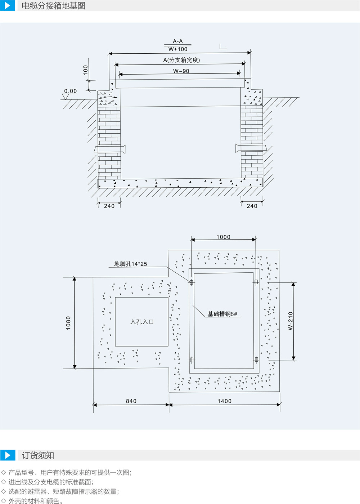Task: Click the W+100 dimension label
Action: (178, 49)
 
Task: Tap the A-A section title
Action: (178, 41)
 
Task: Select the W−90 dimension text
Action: (181, 71)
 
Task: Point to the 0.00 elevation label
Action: (71, 91)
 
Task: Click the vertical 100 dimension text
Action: (85, 70)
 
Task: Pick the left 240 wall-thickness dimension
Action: (109, 206)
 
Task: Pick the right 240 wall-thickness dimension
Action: (252, 206)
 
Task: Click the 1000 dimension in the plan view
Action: (223, 237)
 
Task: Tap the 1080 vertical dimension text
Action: (68, 323)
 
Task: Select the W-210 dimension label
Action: (291, 321)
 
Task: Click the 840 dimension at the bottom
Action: (131, 401)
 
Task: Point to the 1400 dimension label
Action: (224, 401)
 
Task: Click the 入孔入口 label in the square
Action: (142, 322)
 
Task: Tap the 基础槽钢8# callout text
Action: (222, 314)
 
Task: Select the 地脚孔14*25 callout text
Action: (130, 264)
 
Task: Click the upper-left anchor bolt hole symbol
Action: (191, 282)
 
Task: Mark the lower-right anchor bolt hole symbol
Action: (256, 360)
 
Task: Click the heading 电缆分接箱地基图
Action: (53, 6)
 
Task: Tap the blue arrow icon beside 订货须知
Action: (8, 455)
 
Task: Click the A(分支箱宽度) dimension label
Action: (181, 60)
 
